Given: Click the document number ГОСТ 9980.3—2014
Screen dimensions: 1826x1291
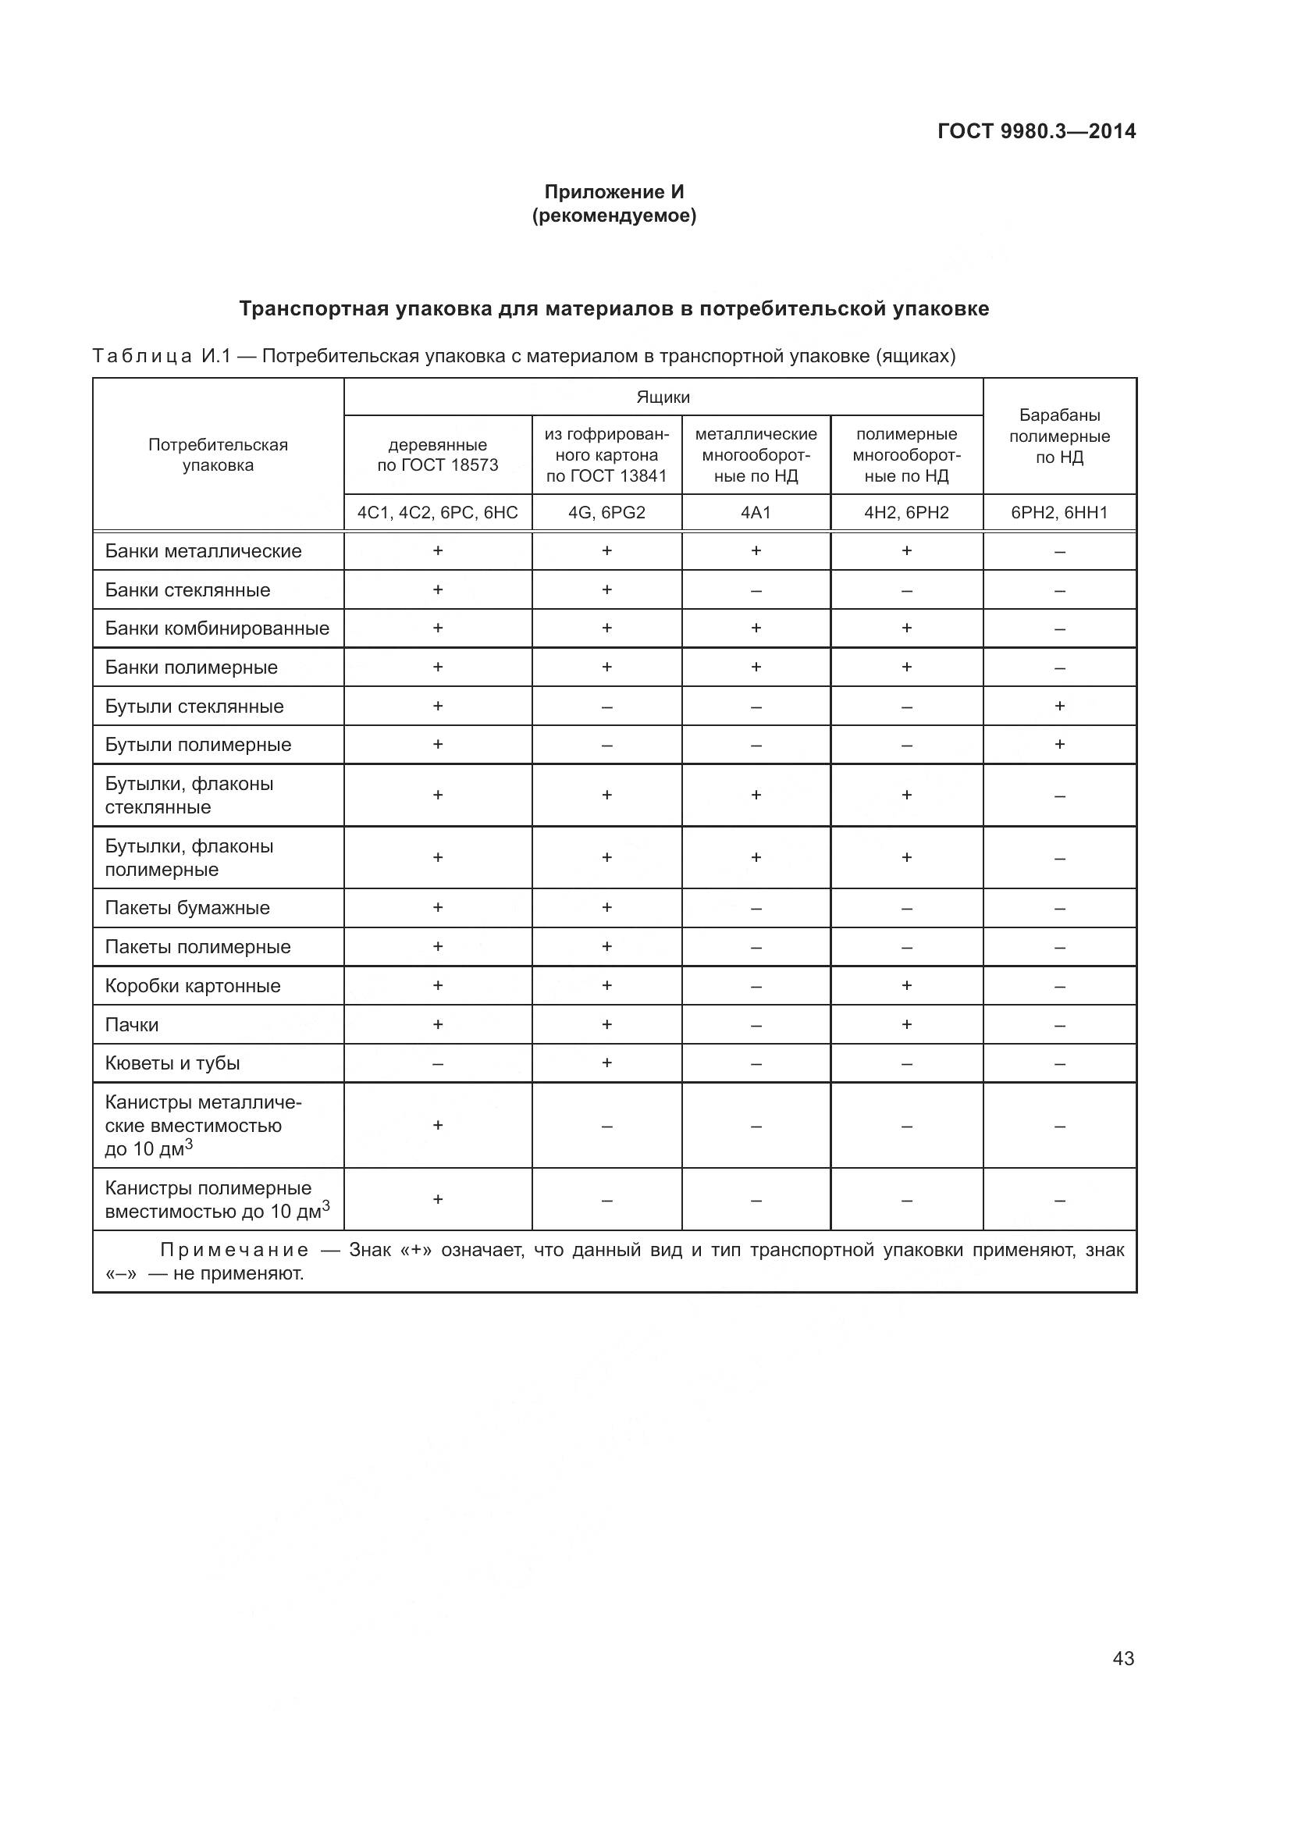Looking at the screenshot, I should tap(1036, 131).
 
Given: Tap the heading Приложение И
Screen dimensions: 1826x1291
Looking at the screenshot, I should tap(613, 192).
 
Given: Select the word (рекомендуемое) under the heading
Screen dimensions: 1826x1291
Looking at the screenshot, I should tap(613, 215).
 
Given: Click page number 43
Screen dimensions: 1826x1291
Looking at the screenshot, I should tap(1123, 1658).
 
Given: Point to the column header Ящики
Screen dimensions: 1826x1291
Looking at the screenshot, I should tap(663, 397).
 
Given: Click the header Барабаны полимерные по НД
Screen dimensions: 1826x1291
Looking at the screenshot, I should tap(1059, 436).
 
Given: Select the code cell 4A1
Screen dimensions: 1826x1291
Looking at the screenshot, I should tap(756, 513).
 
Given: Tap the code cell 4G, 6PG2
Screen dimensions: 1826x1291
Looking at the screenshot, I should tap(606, 513).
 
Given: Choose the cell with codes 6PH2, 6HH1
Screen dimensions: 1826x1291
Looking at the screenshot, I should tap(1059, 513).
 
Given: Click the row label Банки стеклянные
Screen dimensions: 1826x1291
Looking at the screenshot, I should tap(187, 590).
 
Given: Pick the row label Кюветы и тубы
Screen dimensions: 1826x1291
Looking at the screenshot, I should tap(172, 1063).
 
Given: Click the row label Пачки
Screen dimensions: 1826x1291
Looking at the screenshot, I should tap(132, 1025).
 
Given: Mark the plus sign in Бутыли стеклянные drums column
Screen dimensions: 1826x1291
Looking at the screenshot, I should tap(1059, 707).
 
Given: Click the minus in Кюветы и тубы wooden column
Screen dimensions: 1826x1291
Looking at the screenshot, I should tap(437, 1064).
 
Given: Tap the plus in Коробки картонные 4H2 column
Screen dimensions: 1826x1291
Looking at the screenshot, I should tap(906, 986).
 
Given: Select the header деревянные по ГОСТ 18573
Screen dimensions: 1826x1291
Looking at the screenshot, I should tap(437, 455).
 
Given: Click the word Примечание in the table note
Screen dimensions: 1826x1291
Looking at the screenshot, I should tap(234, 1250).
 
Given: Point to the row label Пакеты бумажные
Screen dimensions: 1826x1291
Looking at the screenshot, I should tap(187, 908).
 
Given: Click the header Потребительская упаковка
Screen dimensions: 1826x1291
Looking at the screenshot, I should tap(218, 455).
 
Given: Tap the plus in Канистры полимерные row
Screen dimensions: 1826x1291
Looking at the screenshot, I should tap(437, 1199).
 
